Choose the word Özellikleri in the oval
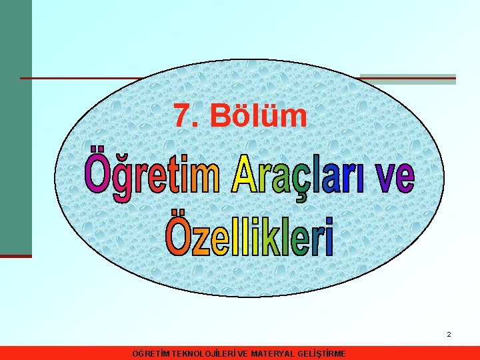(249, 235)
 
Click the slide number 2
(449, 334)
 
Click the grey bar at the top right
(408, 79)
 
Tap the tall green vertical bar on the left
(15, 127)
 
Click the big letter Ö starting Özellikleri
(178, 233)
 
